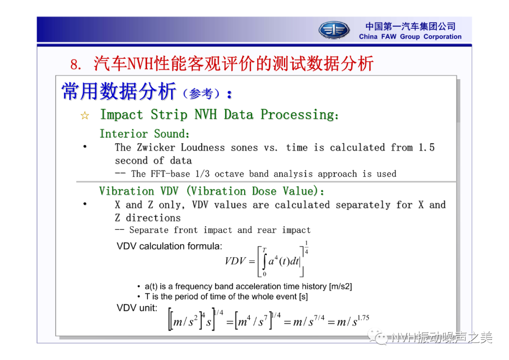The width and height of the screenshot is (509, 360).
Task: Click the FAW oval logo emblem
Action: tap(334, 30)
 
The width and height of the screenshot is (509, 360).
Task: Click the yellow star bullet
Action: tap(85, 115)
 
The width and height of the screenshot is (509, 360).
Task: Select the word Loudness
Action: tap(203, 147)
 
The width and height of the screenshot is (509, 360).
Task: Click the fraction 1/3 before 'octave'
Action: tap(202, 174)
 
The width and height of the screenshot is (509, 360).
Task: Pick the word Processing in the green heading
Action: tap(300, 115)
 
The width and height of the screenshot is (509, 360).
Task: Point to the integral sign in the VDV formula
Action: tap(264, 262)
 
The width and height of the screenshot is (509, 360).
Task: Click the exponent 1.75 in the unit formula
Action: tap(363, 318)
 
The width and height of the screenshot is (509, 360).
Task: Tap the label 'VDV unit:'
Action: tap(137, 308)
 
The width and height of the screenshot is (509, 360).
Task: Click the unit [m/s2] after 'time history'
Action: tap(340, 286)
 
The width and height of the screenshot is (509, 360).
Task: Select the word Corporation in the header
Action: tap(443, 37)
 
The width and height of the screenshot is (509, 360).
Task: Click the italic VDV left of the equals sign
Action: tap(235, 261)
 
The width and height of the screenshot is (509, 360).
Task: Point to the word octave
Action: tap(229, 174)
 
